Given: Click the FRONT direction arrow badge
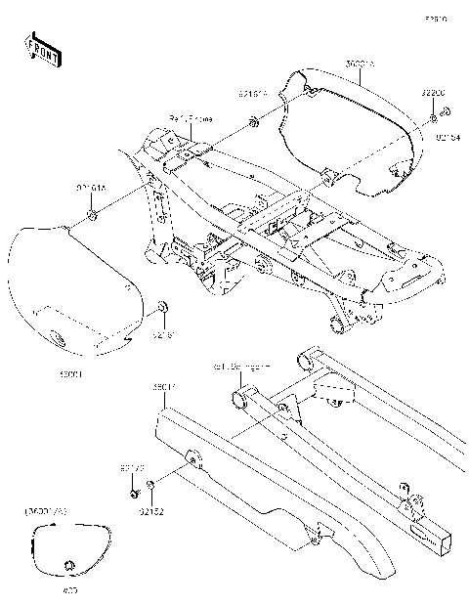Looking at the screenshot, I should point(42,50).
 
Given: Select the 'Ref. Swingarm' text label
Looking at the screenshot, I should point(241,368).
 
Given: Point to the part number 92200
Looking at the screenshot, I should point(434,93).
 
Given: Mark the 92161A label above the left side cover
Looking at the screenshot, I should point(91,186).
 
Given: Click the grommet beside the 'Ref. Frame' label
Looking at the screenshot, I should point(253,122).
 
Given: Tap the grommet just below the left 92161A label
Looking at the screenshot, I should point(90,214).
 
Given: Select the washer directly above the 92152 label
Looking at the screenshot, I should point(151,486).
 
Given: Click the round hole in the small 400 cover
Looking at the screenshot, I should point(68,565).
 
